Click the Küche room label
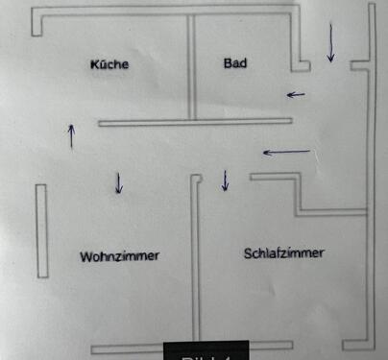coord(109,65)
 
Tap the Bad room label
coord(235,64)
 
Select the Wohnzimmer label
coord(120,256)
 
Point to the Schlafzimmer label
coord(284,253)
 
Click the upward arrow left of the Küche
coord(70,135)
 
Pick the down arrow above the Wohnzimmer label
coord(118,182)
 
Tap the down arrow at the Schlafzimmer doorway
coord(225,180)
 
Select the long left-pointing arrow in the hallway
coord(286,152)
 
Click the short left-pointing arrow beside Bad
coord(297,94)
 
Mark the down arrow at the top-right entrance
coord(330,44)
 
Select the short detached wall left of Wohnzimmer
coord(41,231)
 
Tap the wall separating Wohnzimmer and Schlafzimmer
coord(196,259)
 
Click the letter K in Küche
coord(94,65)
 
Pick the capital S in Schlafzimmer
coord(249,253)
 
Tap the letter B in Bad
coord(228,64)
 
